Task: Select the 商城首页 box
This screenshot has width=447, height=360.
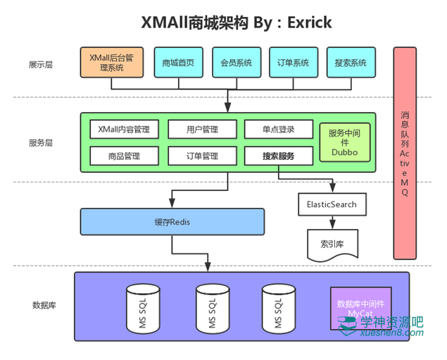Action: (x=178, y=63)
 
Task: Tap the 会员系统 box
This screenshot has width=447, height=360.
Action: (x=236, y=63)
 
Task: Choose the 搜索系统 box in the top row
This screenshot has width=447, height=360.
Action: (x=351, y=63)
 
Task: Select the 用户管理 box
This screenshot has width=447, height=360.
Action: (x=202, y=130)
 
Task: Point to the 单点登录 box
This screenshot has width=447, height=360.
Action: (x=278, y=130)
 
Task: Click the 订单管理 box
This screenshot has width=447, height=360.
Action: (x=202, y=156)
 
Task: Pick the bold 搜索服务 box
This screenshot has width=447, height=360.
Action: (x=278, y=156)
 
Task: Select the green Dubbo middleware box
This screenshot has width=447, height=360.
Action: (x=345, y=142)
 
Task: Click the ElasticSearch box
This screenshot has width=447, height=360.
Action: (x=332, y=205)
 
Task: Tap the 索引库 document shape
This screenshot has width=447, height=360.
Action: (x=332, y=243)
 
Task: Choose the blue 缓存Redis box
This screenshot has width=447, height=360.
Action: (x=172, y=221)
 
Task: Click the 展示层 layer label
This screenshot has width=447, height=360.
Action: (x=41, y=65)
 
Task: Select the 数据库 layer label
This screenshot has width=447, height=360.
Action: (x=44, y=305)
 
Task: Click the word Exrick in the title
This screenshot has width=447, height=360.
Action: (x=307, y=23)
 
